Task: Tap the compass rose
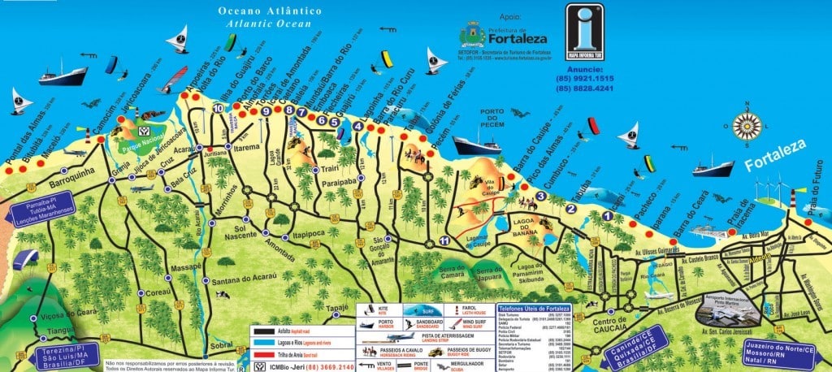point(747,127)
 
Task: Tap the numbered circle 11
point(444,241)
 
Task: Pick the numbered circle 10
point(218,107)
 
